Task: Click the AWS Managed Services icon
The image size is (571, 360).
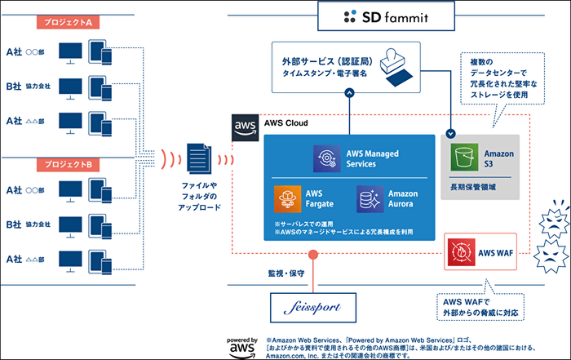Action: (x=327, y=158)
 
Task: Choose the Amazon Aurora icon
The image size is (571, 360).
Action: (x=370, y=198)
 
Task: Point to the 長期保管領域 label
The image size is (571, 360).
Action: (x=473, y=189)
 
